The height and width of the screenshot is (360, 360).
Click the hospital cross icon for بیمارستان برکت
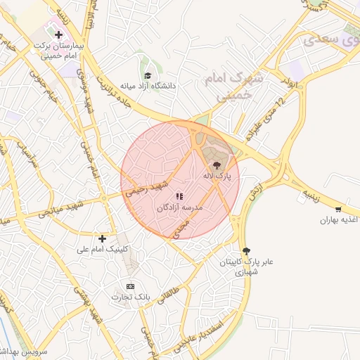click(58, 34)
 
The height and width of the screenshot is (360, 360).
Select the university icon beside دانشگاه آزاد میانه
click(148, 75)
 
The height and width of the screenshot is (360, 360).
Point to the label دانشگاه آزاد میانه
click(148, 86)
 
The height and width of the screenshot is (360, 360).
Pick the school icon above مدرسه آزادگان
click(179, 196)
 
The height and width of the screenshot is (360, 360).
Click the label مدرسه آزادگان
click(182, 208)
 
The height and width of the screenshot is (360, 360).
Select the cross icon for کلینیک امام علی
click(103, 238)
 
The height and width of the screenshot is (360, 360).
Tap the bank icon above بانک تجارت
click(130, 286)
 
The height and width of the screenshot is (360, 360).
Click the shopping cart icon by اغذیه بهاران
click(339, 209)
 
